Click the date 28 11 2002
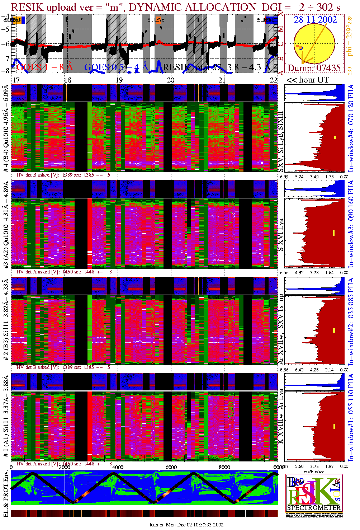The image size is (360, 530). click(316, 20)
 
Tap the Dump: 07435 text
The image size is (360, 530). click(314, 68)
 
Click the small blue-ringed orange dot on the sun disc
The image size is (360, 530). click(301, 47)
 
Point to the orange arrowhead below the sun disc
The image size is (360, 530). click(303, 63)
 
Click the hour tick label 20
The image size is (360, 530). click(171, 80)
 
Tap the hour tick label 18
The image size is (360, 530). click(67, 80)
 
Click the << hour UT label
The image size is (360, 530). click(307, 80)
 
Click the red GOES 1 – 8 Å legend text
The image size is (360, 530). click(44, 67)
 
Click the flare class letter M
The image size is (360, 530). click(281, 29)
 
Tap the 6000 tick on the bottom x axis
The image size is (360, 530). click(171, 467)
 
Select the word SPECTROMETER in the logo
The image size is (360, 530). click(314, 507)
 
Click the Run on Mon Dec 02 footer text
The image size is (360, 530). click(186, 525)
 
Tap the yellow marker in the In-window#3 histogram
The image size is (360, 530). click(333, 233)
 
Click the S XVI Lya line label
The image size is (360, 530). click(281, 235)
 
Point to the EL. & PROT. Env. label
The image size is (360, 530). click(6, 494)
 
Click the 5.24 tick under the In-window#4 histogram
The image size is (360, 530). click(299, 177)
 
